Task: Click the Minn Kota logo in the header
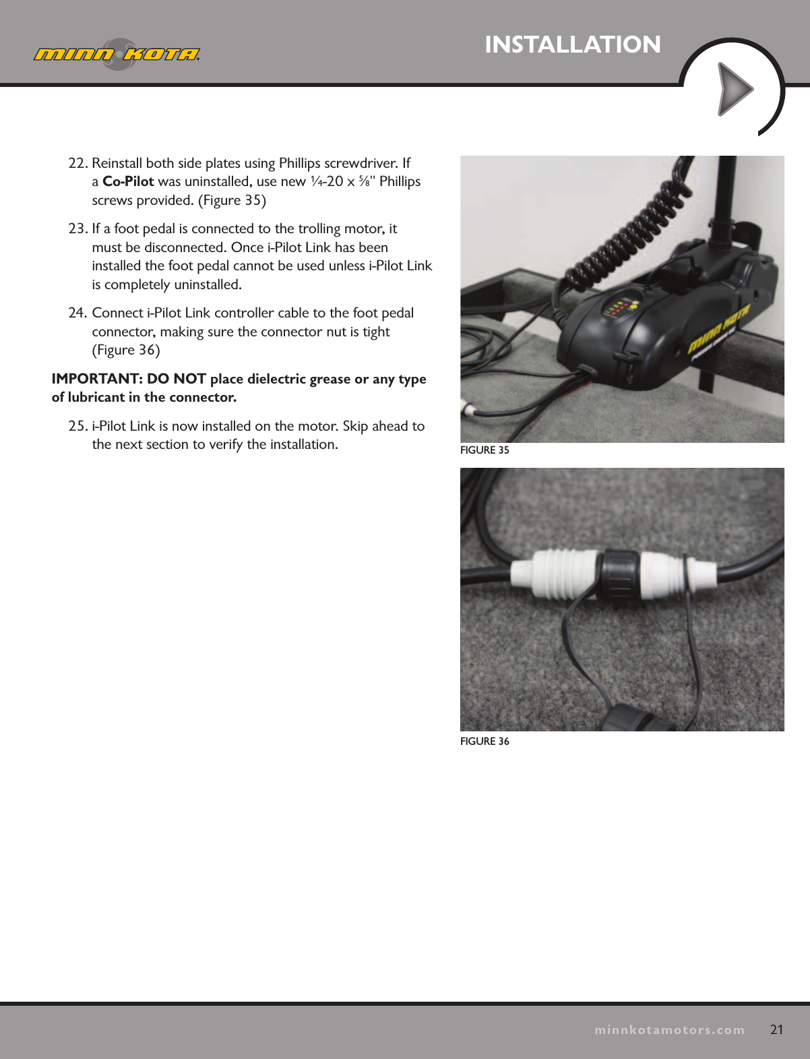(117, 54)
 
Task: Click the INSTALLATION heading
(572, 44)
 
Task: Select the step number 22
(77, 163)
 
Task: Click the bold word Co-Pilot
(128, 181)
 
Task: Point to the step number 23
(77, 229)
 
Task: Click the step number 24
(77, 313)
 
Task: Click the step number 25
(77, 426)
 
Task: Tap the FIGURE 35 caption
(485, 450)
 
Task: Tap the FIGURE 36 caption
(485, 742)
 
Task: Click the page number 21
(776, 1029)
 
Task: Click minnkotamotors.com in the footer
(669, 1030)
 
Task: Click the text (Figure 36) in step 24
(126, 350)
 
